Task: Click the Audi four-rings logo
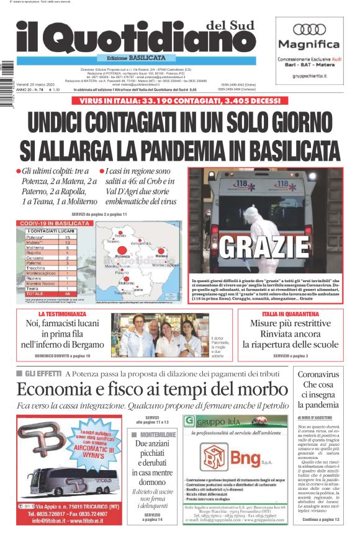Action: tap(308, 29)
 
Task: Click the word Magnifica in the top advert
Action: tap(308, 45)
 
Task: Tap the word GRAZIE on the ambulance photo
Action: tap(264, 247)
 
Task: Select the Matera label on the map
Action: tap(161, 255)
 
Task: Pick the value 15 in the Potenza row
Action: tap(67, 238)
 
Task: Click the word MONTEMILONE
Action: tap(158, 435)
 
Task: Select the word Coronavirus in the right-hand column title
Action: tap(318, 375)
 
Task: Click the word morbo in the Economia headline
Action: tap(253, 390)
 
